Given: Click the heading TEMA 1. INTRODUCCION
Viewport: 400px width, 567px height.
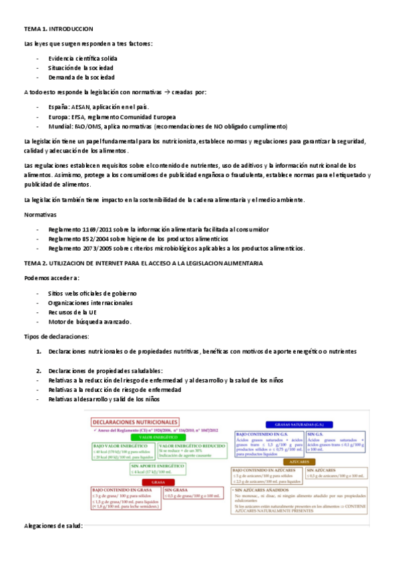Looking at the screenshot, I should pos(58,29).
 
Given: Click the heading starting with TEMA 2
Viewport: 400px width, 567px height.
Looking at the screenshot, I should pos(143,263).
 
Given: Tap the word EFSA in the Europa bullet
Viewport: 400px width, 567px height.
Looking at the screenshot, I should pos(89,116).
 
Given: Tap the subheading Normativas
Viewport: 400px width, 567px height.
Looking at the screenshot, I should pos(40,215).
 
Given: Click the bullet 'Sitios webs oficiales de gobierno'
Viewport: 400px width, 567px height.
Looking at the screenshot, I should pos(92,293).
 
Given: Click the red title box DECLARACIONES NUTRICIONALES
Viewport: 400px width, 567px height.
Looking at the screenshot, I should pos(136,423).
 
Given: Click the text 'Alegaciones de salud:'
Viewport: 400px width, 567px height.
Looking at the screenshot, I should pos(53,526).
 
